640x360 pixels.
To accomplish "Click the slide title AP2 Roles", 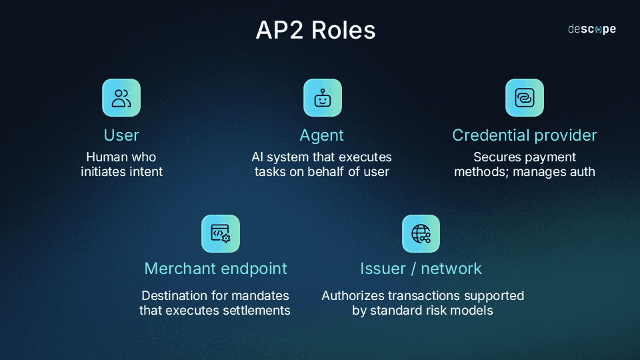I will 315,31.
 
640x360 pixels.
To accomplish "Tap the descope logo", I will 591,29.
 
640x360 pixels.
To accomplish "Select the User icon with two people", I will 121,98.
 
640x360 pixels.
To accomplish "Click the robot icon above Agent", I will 323,98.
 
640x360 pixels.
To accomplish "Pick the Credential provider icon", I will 524,98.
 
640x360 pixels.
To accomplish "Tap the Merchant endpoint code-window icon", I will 221,233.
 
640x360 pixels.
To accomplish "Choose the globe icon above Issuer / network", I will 421,233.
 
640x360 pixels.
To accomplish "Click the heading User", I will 121,135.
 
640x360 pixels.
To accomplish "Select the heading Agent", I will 322,135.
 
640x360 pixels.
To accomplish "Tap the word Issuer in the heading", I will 383,269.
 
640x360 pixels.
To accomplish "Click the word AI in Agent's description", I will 258,157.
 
